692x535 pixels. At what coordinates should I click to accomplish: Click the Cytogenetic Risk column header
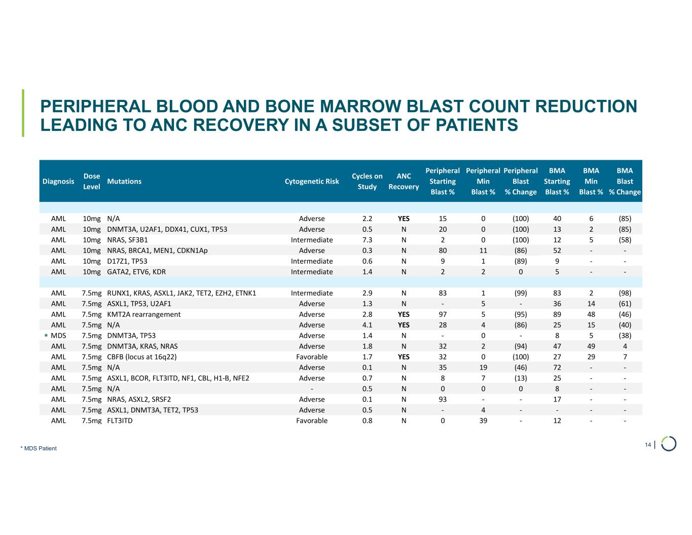pos(312,181)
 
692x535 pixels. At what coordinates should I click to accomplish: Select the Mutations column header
pos(124,181)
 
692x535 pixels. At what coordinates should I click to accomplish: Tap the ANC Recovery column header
pos(404,181)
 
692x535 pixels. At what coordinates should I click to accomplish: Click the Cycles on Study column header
pos(367,181)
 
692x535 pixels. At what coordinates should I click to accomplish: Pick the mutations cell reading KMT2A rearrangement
pos(144,314)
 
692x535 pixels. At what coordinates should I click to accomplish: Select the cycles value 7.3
pos(368,240)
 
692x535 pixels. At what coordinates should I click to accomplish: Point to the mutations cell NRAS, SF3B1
pos(128,240)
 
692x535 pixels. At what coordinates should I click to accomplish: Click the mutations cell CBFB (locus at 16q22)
pos(142,357)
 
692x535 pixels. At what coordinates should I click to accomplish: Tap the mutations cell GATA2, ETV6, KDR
pos(136,272)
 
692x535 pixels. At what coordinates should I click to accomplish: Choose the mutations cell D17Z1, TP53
pos(127,261)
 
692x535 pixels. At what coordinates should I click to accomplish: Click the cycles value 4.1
pos(368,325)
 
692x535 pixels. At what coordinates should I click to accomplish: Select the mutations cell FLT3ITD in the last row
pos(120,421)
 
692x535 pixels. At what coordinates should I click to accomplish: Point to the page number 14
pos(647,445)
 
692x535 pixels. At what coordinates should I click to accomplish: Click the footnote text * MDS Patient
pos(39,448)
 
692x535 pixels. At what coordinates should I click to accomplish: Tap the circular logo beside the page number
pos(669,444)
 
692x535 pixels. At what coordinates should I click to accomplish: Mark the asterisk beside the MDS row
pos(46,336)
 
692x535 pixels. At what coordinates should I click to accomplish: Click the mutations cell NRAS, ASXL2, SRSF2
pos(135,400)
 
